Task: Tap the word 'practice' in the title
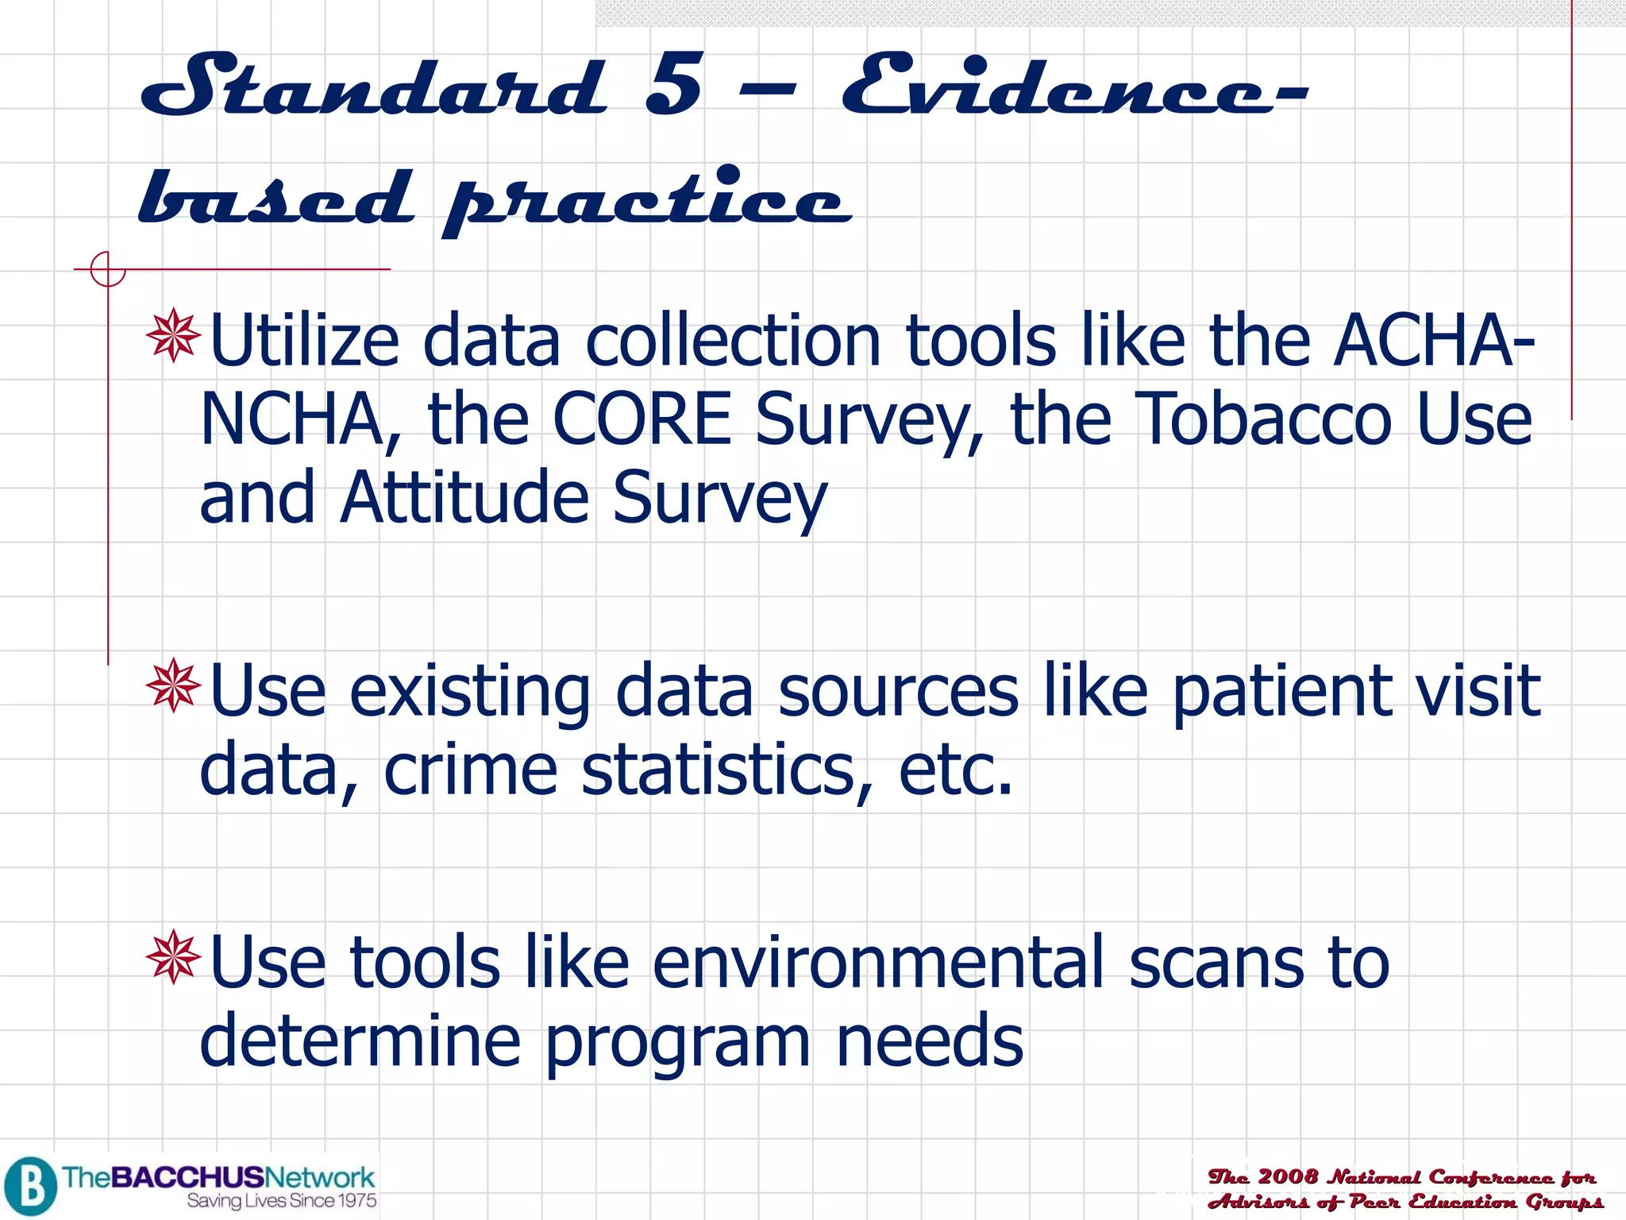pos(647,199)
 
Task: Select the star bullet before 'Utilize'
pos(173,336)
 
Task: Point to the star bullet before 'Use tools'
pos(173,957)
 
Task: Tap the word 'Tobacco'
pos(1265,419)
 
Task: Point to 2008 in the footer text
pos(1288,1176)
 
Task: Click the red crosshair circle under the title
pos(107,269)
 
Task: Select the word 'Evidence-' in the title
pos(1072,86)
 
